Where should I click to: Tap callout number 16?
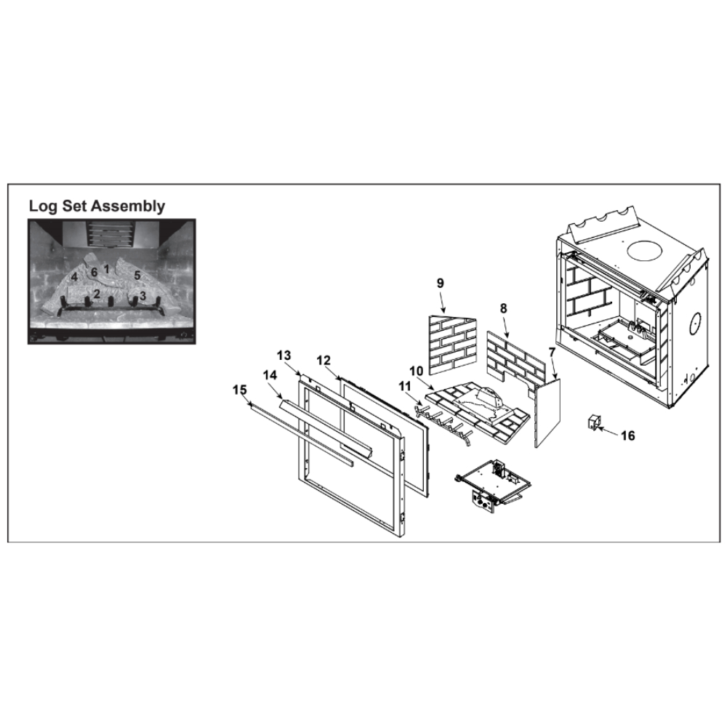tap(628, 435)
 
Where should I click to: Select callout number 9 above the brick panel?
tap(440, 284)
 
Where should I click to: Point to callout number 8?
tap(504, 308)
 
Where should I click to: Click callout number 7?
tap(552, 353)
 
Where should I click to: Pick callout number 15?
tap(240, 390)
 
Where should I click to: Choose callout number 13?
tap(284, 356)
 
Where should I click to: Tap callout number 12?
tap(324, 361)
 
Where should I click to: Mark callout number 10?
tap(417, 371)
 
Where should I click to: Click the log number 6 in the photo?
tap(94, 273)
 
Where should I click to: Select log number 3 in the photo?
tap(142, 295)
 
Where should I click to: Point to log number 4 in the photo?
tap(74, 277)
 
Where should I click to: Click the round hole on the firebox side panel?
tap(696, 324)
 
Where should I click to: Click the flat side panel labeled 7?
tap(547, 413)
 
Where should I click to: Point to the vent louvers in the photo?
tap(111, 234)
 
